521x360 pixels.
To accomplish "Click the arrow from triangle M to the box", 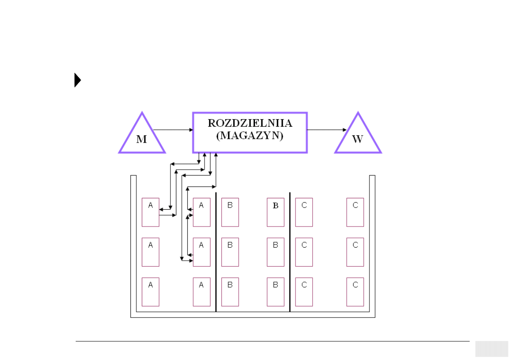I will point(173,130).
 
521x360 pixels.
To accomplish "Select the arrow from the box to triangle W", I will point(327,130).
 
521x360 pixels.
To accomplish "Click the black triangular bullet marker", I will point(77,80).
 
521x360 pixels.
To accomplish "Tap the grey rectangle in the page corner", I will point(492,349).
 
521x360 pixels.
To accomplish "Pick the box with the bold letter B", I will point(276,212).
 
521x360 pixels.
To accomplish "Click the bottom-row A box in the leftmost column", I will point(150,292).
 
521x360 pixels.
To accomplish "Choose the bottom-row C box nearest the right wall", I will point(355,292).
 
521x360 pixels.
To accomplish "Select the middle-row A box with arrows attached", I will point(201,252).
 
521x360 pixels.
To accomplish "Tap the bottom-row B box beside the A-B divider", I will point(230,292).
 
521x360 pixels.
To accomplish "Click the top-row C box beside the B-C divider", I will point(304,212).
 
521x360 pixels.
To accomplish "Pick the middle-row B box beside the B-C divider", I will point(276,252).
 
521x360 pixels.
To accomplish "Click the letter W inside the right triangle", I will point(357,139).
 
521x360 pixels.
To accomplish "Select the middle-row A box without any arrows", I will point(150,252).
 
